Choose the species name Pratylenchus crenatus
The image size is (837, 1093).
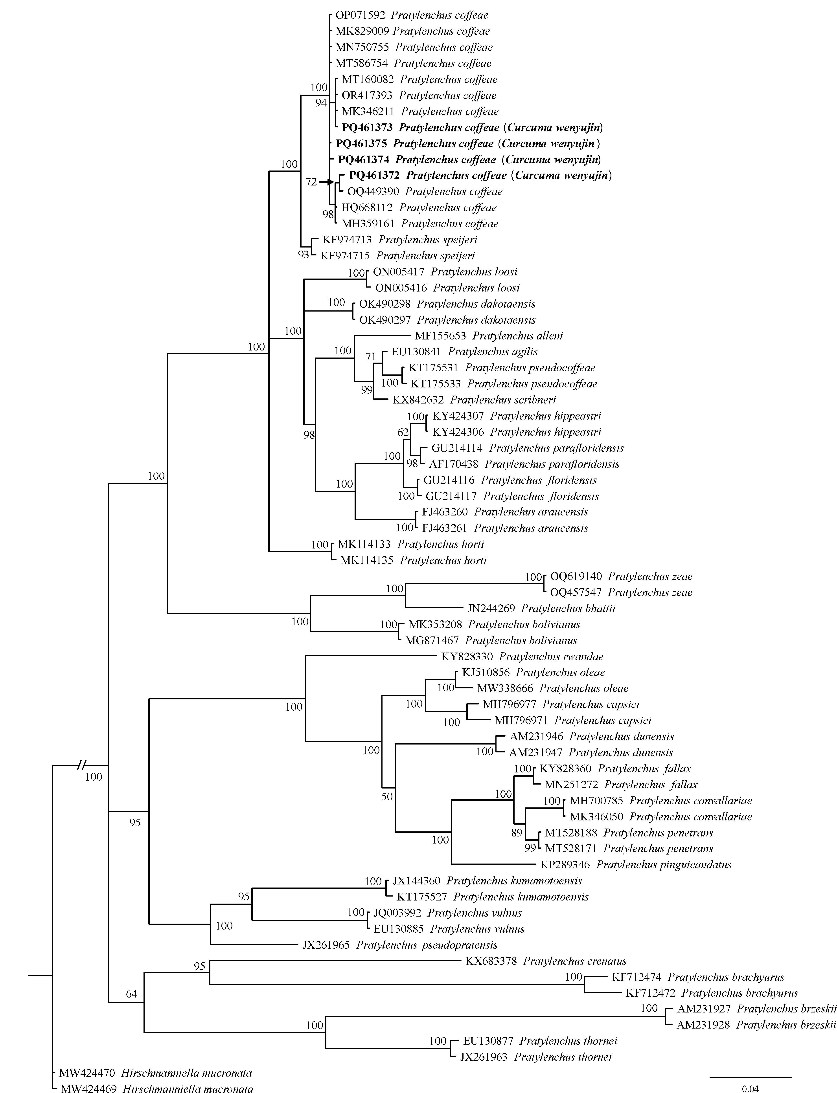click(574, 961)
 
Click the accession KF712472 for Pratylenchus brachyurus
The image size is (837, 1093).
click(650, 993)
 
